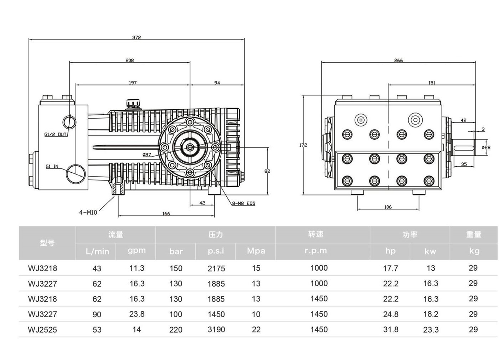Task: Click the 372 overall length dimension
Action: pos(137,37)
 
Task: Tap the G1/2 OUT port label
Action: pos(55,135)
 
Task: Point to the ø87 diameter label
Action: pos(146,155)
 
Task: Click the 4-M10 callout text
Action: pos(88,213)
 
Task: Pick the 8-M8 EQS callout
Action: pos(243,204)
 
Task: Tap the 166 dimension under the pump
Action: pos(166,214)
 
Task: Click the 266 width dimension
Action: pos(398,61)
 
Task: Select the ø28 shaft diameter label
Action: pos(486,147)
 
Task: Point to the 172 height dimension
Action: pos(303,145)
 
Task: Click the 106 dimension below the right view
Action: pos(388,207)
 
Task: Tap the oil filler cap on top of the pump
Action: pos(133,103)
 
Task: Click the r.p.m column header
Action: pos(315,251)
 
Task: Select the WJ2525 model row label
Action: pos(42,330)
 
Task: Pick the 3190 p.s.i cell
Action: pos(216,330)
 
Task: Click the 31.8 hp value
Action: pos(390,330)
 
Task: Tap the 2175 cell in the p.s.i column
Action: pos(216,268)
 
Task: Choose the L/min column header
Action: pos(97,251)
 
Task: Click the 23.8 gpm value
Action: pos(137,314)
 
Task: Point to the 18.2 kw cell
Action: pos(431,314)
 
